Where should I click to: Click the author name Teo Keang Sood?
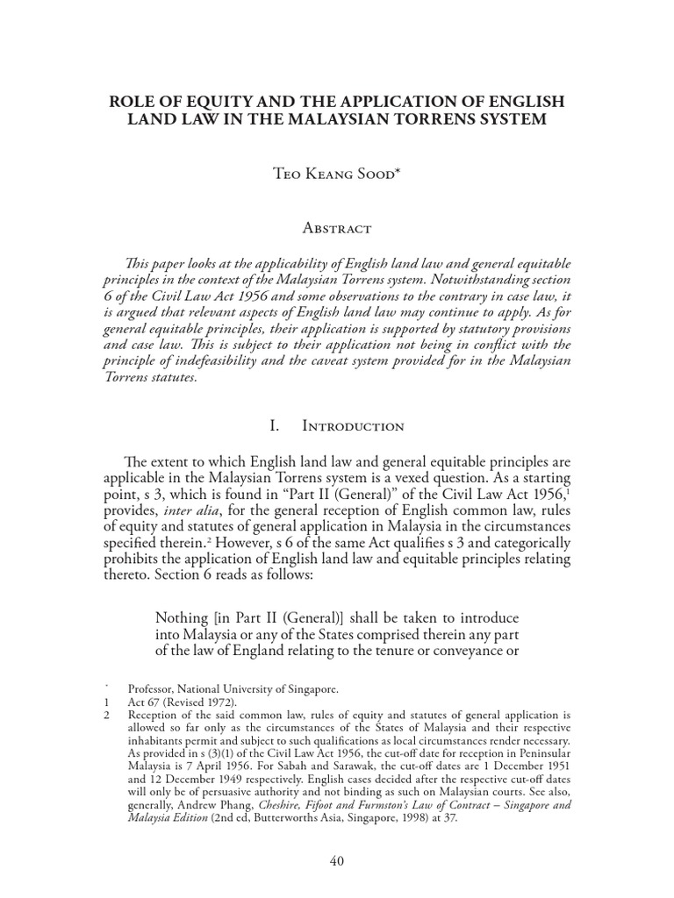coord(337,175)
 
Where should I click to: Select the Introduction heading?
coord(353,426)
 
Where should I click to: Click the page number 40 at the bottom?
coord(337,861)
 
